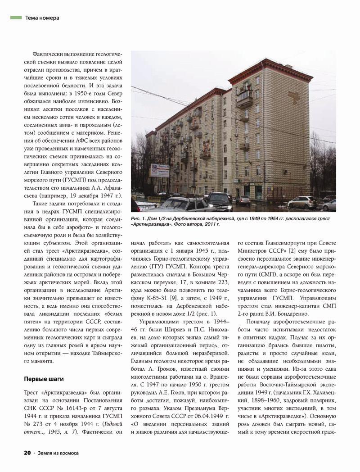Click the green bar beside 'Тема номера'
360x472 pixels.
[x=16, y=18]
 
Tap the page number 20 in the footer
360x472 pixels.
[x=14, y=453]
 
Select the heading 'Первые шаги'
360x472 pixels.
[x=44, y=379]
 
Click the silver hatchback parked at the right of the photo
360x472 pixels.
[x=302, y=202]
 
